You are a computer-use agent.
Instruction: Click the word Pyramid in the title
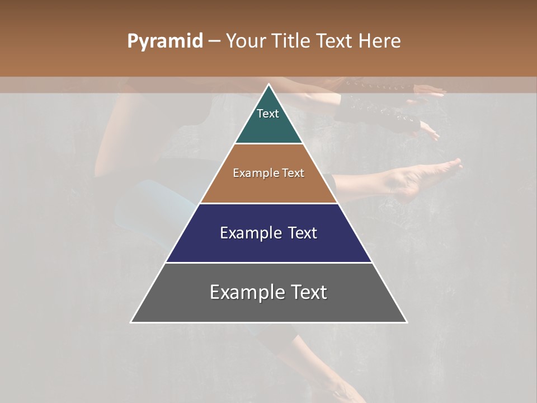(x=164, y=41)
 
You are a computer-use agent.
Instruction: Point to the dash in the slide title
(x=214, y=41)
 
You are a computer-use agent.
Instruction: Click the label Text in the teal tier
(x=268, y=114)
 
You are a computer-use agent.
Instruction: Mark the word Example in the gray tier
(x=244, y=292)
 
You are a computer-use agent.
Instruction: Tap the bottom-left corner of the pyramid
(x=131, y=322)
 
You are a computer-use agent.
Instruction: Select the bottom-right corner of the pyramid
(x=407, y=322)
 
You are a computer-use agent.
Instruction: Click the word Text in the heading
(x=336, y=41)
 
